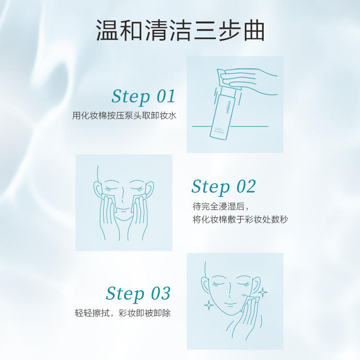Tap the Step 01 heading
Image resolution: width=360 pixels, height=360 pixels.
(x=143, y=96)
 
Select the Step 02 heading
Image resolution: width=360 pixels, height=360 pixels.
(x=223, y=186)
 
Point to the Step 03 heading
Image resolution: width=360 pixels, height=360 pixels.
(x=138, y=293)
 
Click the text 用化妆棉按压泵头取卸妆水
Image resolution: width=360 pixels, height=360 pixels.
(x=124, y=116)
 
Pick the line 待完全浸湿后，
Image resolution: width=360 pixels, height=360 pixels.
(x=214, y=206)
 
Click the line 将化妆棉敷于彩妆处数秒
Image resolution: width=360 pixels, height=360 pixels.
(x=239, y=220)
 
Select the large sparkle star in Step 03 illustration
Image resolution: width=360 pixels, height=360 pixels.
(x=209, y=305)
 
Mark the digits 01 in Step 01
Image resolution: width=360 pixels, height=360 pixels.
(x=165, y=96)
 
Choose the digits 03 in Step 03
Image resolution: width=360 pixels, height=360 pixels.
(x=160, y=293)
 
